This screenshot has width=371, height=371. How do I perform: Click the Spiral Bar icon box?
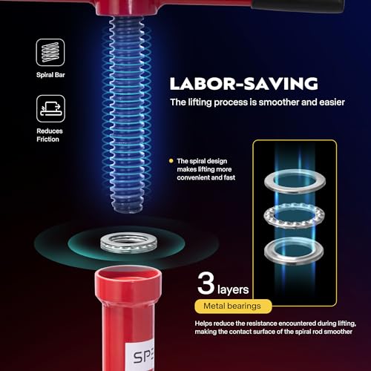(x=50, y=53)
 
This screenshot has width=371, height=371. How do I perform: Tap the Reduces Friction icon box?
(x=50, y=108)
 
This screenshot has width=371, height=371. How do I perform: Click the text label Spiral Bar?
(x=50, y=75)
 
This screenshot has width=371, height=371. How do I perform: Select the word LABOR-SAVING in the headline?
(x=243, y=83)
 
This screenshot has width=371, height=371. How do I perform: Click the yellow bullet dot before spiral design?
(x=171, y=161)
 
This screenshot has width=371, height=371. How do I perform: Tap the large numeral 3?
(x=206, y=283)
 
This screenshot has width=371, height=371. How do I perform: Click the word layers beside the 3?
(x=233, y=289)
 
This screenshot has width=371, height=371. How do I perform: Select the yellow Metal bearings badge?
(x=233, y=306)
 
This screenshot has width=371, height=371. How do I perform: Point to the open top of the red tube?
(x=128, y=275)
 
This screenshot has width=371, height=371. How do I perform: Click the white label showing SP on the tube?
(x=140, y=355)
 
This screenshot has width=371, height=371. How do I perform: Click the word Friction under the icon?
(x=47, y=139)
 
